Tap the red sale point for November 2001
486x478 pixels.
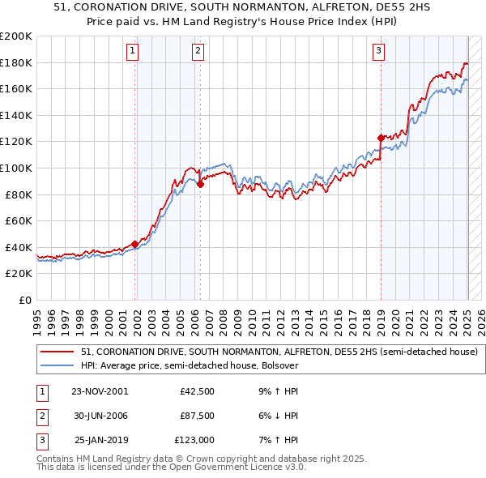tap(134, 243)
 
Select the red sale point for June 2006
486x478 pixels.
tap(200, 184)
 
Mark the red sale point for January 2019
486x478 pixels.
tap(380, 138)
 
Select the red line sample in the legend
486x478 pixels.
tap(58, 352)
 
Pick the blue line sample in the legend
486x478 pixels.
tap(58, 366)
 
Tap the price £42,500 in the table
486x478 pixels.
tap(198, 391)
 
